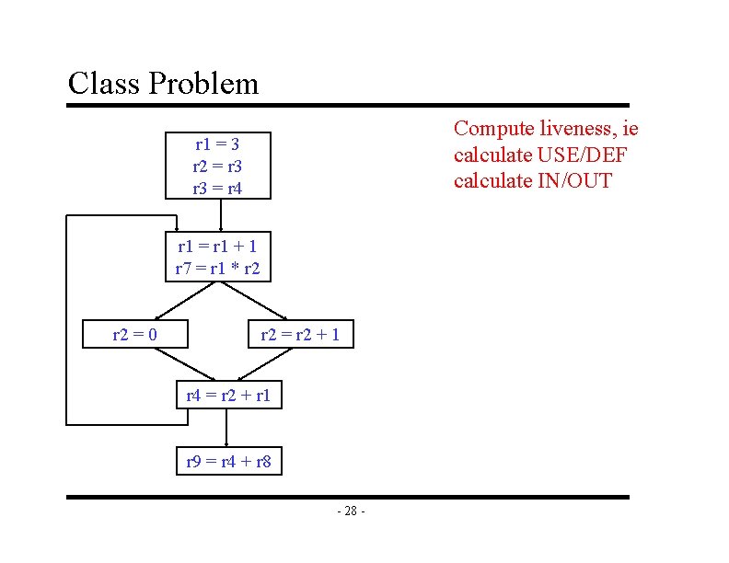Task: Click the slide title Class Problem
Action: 163,84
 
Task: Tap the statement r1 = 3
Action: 218,144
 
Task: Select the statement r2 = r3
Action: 218,167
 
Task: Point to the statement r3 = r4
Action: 218,189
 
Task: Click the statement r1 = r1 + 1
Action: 217,246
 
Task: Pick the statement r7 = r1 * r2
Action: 217,269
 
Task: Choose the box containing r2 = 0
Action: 134,334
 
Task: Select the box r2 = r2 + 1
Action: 300,334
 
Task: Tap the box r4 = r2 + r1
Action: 229,396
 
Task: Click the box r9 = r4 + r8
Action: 229,461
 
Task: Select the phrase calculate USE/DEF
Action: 546,155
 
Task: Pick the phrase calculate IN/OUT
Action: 532,180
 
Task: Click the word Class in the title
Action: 104,84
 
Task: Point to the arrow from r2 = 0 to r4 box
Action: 184,364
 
